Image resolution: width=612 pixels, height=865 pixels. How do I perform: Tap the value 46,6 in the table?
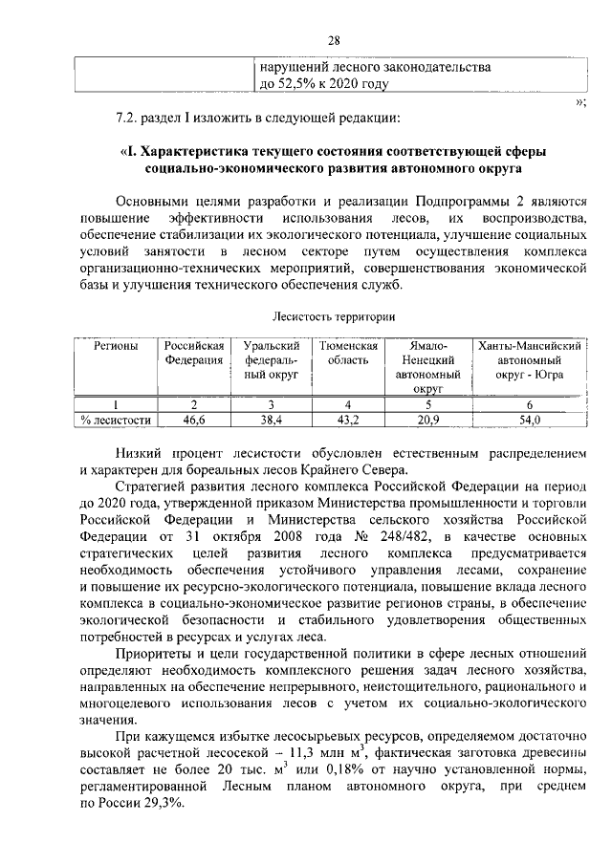click(x=194, y=420)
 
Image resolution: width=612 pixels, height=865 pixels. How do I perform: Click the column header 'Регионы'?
click(x=115, y=345)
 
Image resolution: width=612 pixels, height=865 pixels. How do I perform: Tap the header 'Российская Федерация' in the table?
click(x=194, y=353)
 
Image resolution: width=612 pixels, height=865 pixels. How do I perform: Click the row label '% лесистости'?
click(x=115, y=420)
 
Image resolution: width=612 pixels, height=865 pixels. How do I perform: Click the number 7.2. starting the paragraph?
click(x=126, y=119)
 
